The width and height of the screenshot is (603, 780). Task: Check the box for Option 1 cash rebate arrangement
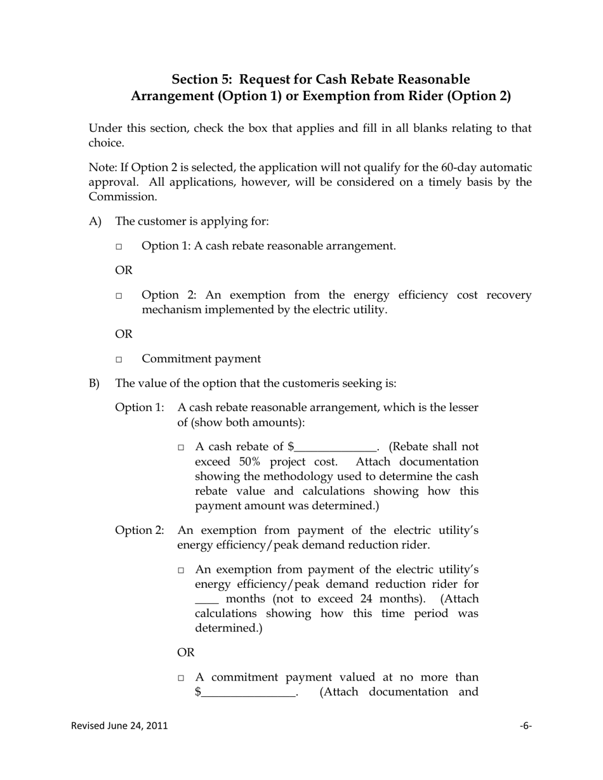(119, 247)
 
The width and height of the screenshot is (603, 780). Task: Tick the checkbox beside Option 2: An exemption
(119, 296)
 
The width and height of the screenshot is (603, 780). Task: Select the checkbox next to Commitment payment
(119, 360)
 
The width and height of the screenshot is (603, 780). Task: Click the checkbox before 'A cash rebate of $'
(181, 448)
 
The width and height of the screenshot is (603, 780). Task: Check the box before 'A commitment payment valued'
(181, 678)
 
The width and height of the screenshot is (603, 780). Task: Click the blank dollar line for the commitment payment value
(248, 693)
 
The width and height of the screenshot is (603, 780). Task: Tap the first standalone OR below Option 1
(124, 271)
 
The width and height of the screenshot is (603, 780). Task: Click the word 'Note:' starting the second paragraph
(103, 168)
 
